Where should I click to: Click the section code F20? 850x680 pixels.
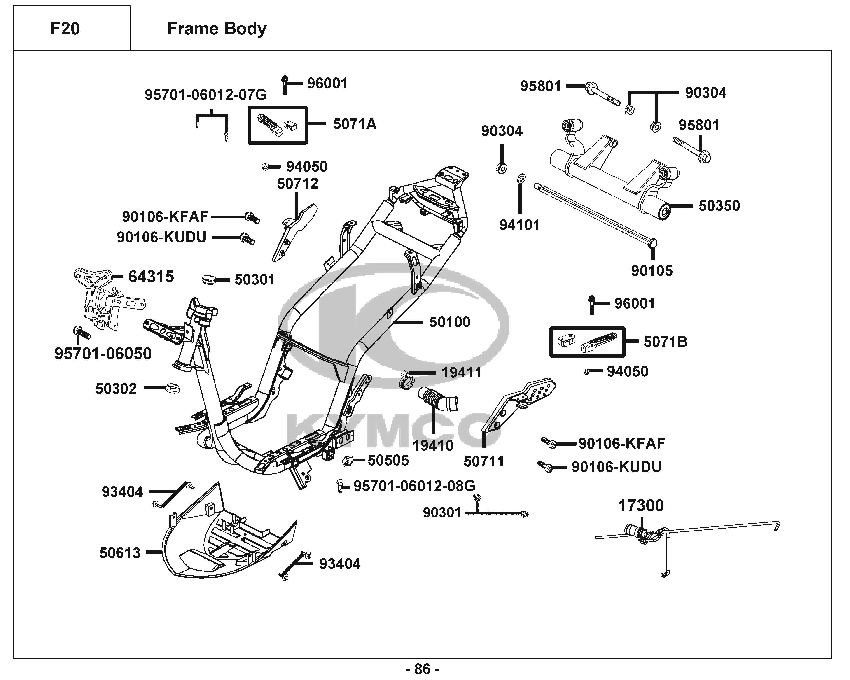pos(65,28)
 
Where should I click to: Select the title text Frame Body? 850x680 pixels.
pos(217,28)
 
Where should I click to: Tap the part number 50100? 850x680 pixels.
pos(449,322)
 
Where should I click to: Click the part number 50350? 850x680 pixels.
pos(719,206)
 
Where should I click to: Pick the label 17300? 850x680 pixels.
pos(641,506)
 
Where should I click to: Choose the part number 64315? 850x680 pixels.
pos(151,277)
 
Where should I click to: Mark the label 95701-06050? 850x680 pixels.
pos(103,354)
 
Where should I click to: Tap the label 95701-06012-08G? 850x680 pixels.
pos(414,486)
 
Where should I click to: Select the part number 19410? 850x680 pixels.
pos(432,445)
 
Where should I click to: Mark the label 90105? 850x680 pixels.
pos(652,271)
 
